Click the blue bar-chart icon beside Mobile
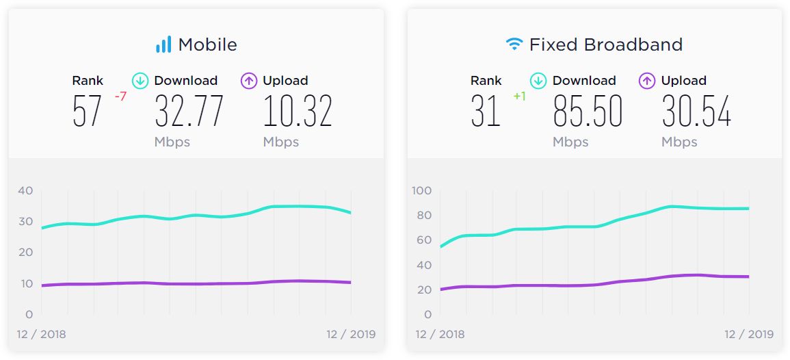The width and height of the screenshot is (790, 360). point(163,45)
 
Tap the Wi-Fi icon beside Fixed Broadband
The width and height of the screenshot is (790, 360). point(514,45)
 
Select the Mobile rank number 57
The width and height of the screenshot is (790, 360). point(87,112)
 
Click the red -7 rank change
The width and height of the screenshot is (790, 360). point(120,97)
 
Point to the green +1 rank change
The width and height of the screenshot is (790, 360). point(519,97)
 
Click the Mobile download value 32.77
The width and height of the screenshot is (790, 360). point(189,112)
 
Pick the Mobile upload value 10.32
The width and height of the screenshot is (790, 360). point(298,112)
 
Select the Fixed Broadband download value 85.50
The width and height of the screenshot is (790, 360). point(588,112)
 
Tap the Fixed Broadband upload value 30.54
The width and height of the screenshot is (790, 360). point(696,112)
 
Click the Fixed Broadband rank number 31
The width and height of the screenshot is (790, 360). point(486,112)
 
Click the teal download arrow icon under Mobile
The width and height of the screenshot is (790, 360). point(140,81)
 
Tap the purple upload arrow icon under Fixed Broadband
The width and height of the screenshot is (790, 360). point(647,81)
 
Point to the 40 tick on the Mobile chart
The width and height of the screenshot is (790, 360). point(25,190)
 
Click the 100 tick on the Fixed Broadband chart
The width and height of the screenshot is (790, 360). point(421,190)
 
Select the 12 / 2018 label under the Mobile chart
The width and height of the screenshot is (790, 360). point(42,335)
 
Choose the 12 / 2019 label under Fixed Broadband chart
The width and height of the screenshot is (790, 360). point(749,335)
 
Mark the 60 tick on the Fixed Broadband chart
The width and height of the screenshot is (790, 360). point(424,240)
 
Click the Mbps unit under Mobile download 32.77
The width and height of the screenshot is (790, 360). point(172,142)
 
